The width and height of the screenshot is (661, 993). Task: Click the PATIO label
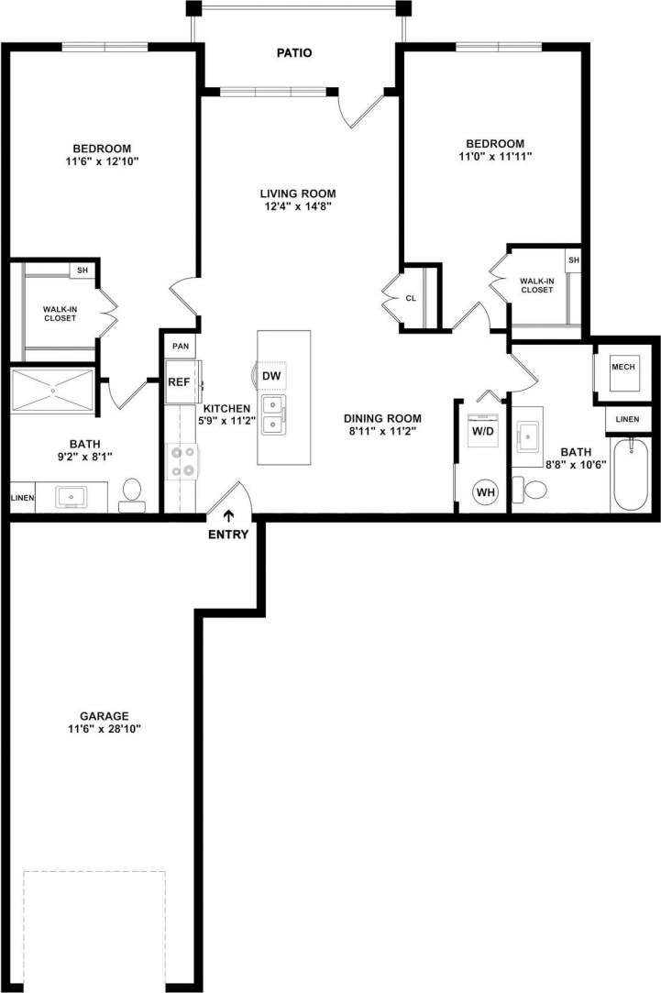pos(294,53)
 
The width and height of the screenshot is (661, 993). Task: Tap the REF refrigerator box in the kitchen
pos(178,384)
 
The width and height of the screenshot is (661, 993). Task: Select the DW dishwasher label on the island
pos(270,377)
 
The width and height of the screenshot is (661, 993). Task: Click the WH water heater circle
pos(484,492)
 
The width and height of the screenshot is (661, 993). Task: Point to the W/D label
pos(482,430)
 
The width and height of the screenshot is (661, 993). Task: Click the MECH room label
pos(622,367)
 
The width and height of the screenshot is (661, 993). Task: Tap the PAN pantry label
pos(180,347)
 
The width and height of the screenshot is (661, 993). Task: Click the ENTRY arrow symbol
pos(228,516)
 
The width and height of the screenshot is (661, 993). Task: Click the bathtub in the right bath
pos(630,475)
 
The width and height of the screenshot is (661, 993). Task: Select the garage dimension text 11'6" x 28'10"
pos(103,729)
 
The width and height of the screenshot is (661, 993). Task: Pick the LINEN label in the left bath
pos(21,498)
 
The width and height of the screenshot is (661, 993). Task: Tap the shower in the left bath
pos(52,391)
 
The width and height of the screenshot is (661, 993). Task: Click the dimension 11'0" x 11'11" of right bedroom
pos(495,157)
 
